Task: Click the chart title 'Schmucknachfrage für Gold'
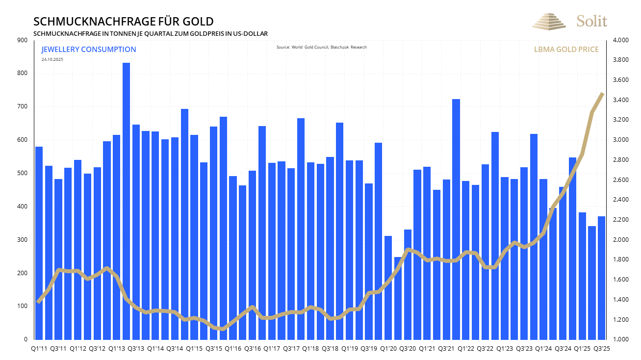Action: click(x=123, y=22)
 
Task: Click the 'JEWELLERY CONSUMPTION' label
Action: click(x=89, y=50)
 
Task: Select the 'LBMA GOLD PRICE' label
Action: click(x=566, y=50)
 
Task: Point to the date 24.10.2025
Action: click(x=52, y=59)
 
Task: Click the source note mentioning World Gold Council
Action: click(x=321, y=47)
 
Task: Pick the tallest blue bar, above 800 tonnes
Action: click(x=126, y=201)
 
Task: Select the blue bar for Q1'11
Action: click(x=39, y=243)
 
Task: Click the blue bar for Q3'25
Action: click(x=601, y=278)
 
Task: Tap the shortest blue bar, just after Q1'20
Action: click(x=398, y=298)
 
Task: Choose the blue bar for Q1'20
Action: click(x=388, y=287)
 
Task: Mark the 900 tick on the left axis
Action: click(x=23, y=40)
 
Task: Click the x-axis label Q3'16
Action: click(x=252, y=349)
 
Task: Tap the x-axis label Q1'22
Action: click(x=465, y=349)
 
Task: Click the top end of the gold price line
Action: click(x=602, y=94)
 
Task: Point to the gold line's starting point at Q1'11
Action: click(x=39, y=302)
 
